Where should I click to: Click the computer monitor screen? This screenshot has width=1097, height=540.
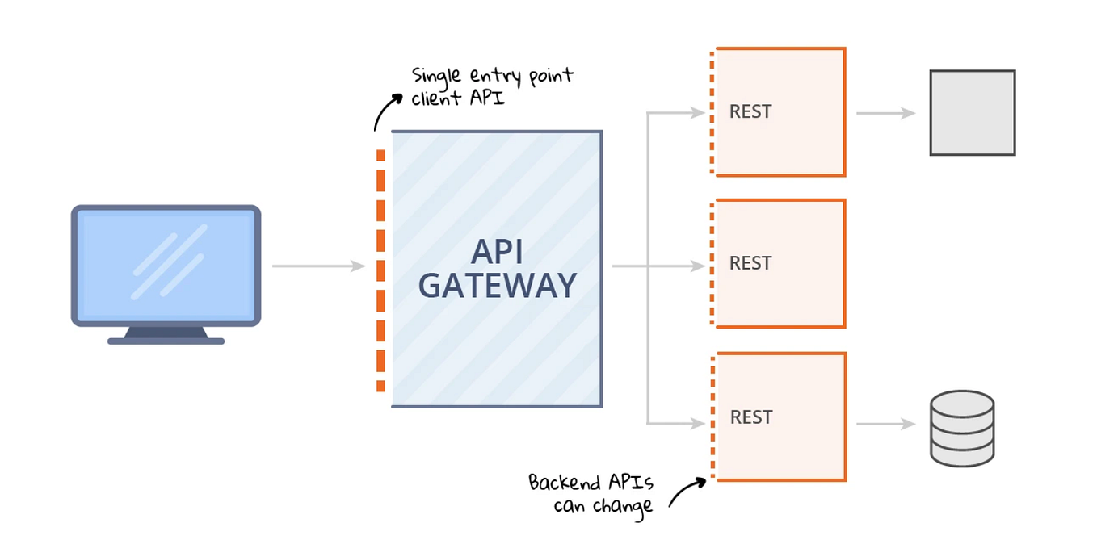click(166, 265)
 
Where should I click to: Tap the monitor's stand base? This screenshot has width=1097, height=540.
click(166, 341)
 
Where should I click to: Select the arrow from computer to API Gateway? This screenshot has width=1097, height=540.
click(318, 266)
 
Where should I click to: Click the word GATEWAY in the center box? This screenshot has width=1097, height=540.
click(497, 286)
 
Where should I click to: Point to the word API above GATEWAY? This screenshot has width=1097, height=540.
click(497, 252)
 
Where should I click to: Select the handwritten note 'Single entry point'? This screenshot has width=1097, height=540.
click(492, 77)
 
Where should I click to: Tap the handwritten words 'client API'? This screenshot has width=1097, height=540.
click(457, 100)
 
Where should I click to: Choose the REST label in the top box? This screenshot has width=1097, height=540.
click(750, 112)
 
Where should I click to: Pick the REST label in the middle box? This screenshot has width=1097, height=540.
click(750, 263)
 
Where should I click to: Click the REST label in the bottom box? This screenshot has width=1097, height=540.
click(751, 417)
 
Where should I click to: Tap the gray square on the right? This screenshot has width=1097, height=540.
click(972, 113)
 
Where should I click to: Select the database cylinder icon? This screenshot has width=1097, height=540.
click(961, 428)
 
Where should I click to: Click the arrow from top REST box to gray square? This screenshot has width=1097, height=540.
click(885, 113)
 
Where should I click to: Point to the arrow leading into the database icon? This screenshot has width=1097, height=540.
click(885, 424)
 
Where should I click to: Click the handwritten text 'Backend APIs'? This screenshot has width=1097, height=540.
click(591, 483)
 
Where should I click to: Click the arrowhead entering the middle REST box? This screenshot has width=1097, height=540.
click(698, 266)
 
